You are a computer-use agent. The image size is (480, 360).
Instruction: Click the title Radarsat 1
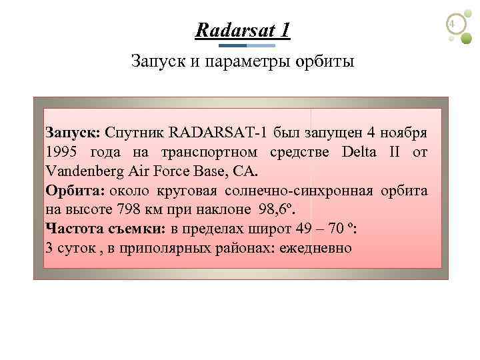tap(243, 30)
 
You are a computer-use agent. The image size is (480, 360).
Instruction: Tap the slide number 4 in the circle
tap(453, 25)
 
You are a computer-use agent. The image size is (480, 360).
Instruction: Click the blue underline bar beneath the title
tap(247, 45)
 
